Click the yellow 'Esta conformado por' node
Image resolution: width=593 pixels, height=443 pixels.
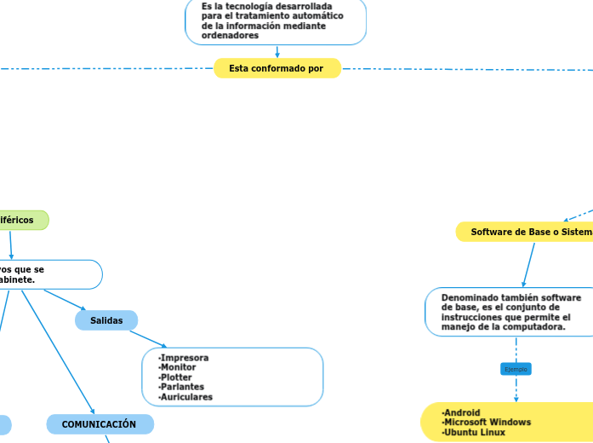277,68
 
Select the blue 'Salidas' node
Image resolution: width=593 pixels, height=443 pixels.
106,320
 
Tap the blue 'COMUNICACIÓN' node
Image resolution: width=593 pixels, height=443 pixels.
100,424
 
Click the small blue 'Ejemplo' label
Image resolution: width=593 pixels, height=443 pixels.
516,369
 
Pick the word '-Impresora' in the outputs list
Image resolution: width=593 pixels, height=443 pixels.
184,358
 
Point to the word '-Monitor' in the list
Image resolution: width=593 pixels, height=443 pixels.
178,367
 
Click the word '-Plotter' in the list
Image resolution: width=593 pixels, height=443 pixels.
176,377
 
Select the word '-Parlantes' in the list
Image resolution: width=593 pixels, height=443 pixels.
181,387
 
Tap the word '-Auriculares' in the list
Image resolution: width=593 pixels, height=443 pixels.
186,397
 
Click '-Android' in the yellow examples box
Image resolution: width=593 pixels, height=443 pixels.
462,412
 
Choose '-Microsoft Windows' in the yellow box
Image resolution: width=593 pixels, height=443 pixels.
487,423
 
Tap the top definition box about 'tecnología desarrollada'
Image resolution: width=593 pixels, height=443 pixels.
275,20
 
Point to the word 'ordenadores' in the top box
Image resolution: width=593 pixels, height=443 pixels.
230,36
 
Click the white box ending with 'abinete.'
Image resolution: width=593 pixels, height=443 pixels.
47,274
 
